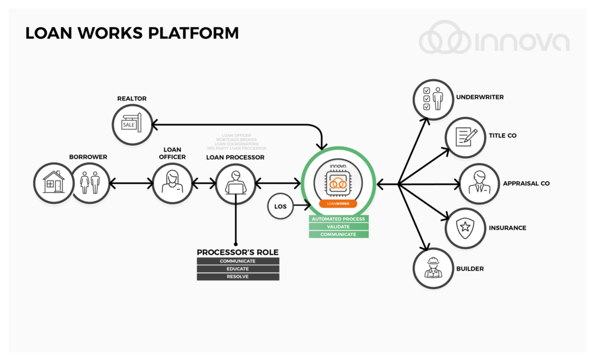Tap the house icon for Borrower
(53, 183)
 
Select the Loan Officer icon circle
(173, 183)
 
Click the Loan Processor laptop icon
(235, 183)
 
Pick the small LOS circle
(281, 207)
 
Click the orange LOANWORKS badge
(338, 204)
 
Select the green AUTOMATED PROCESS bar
(338, 219)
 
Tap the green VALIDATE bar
(338, 226)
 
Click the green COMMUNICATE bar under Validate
(338, 235)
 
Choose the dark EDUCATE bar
(238, 269)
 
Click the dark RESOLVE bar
(238, 277)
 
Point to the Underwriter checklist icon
(432, 99)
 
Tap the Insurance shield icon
(465, 228)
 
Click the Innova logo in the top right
(493, 42)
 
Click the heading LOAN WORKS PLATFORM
(132, 33)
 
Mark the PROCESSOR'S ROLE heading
(238, 252)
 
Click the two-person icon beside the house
(89, 183)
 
